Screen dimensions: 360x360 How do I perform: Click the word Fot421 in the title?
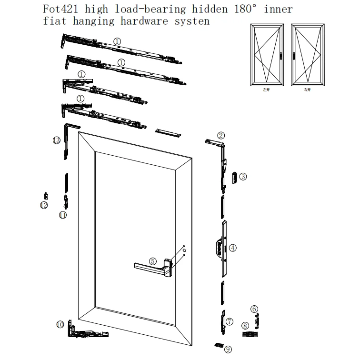pos(57,9)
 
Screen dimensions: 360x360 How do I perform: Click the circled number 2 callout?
pos(221,135)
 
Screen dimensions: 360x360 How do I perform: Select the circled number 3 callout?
pos(243,177)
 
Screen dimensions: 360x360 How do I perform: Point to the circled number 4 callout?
pos(233,248)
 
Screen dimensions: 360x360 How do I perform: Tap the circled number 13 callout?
pos(57,140)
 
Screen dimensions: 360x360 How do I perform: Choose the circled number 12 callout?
pos(44,205)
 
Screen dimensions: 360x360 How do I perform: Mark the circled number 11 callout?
pos(63,215)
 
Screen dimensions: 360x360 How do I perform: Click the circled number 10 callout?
pos(60,324)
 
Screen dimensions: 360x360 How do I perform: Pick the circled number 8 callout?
pos(245,326)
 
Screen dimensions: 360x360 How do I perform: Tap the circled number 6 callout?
pos(254,309)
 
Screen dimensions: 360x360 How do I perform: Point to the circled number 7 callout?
pos(230,321)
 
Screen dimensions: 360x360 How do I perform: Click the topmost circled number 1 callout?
pos(118,41)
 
